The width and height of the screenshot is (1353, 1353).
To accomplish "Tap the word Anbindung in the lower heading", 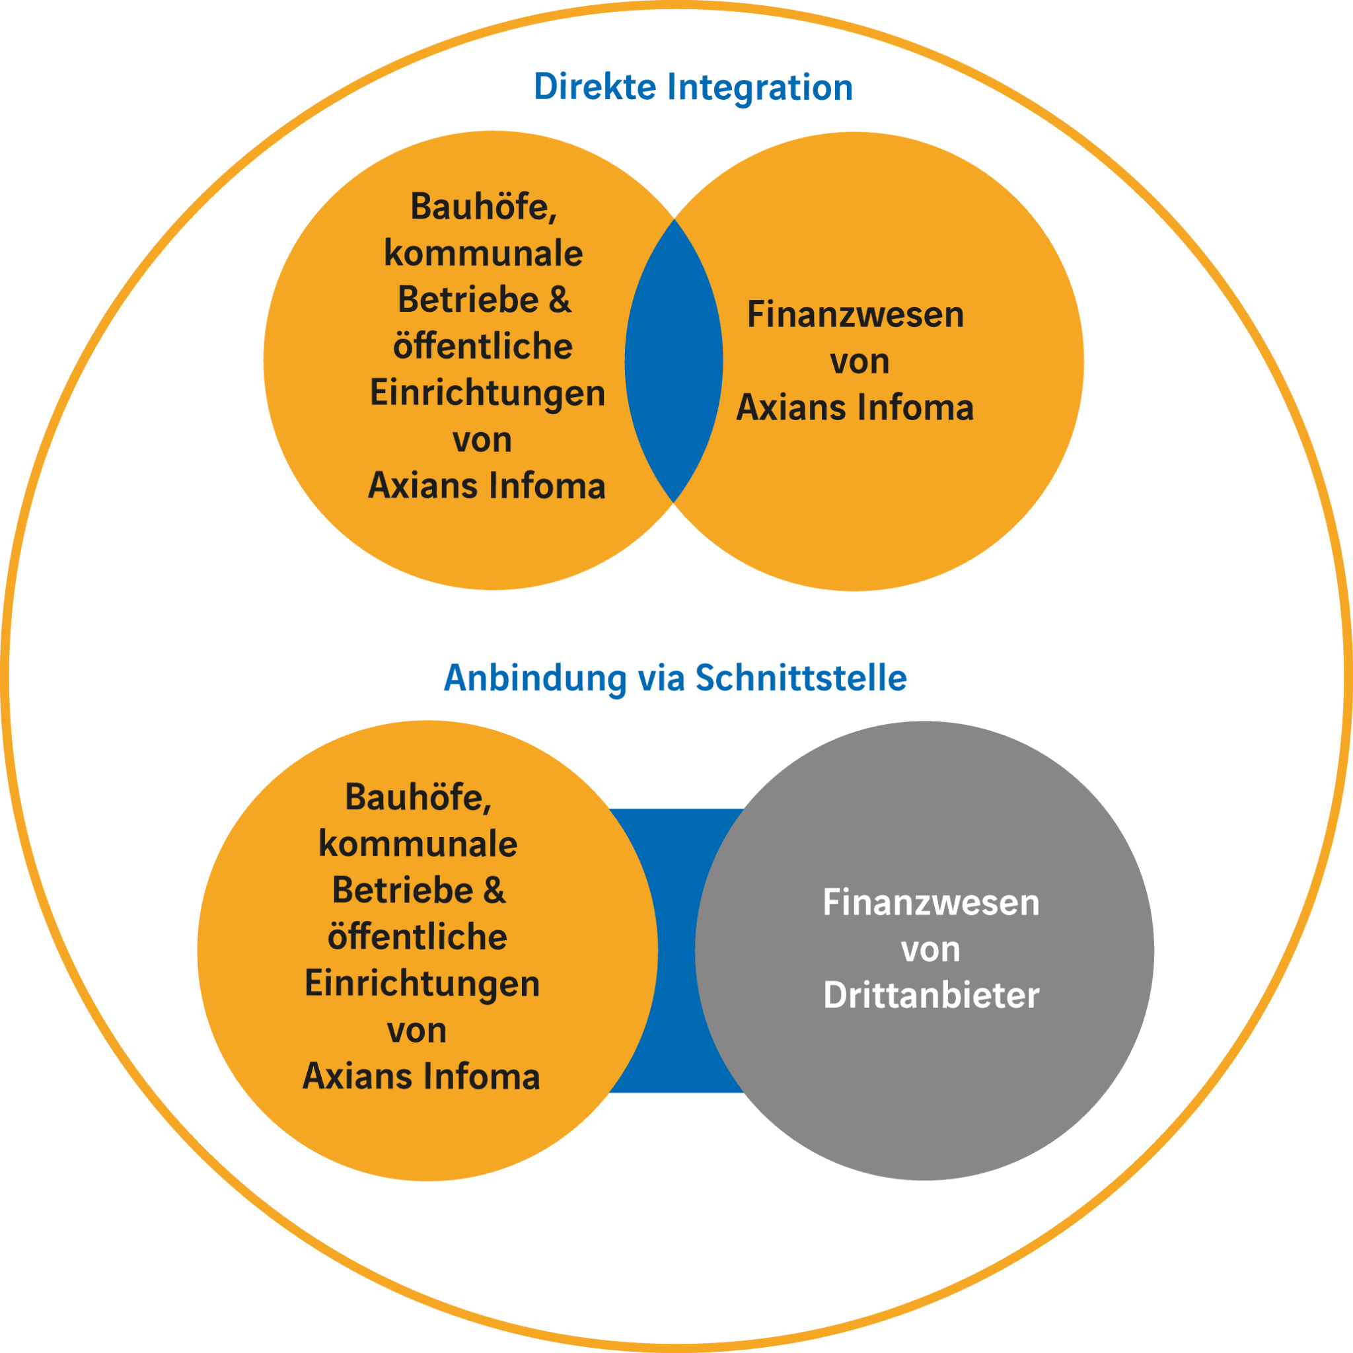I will coord(536,678).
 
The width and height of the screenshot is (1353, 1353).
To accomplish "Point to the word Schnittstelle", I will coord(801,678).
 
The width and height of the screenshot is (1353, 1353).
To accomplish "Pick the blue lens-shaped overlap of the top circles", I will coord(674,361).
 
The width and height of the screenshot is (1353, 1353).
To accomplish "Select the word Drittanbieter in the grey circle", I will coord(931,995).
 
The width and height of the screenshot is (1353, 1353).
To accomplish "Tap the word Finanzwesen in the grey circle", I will coord(931,902).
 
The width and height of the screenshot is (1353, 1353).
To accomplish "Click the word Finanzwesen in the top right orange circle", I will coord(855,314).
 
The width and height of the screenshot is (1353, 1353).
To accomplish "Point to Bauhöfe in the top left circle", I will coord(483,207).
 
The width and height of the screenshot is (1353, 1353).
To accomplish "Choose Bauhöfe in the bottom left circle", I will coord(418,797).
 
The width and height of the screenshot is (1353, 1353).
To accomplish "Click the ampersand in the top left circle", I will coord(560,299).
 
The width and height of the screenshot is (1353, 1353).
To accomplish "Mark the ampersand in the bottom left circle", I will coord(494,890).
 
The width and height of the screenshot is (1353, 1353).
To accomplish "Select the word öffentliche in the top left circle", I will coord(482,346).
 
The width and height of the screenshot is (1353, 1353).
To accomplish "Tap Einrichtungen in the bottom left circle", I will coord(422,983).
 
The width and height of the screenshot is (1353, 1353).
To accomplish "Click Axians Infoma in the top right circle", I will coord(855,408).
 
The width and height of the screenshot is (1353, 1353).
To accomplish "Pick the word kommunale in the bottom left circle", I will coord(418,843).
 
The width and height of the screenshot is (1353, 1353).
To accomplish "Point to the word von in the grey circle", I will coord(931,949).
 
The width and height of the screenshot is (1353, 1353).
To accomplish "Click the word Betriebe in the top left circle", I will coord(468,300).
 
